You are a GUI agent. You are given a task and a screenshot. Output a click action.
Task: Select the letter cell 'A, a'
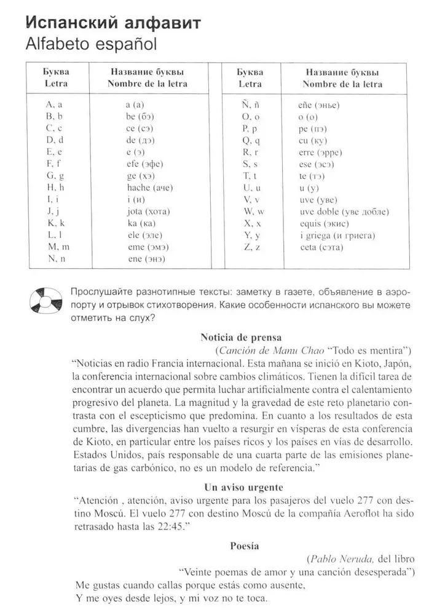[55, 105]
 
